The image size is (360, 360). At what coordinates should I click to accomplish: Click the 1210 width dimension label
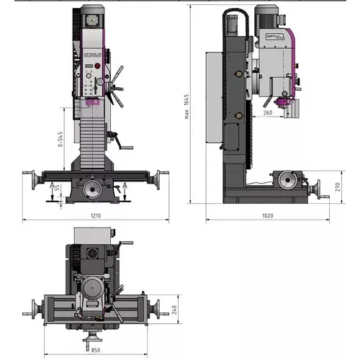click(x=96, y=215)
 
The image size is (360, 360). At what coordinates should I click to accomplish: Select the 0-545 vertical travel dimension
click(x=60, y=141)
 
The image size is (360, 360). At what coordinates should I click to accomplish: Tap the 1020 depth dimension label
click(x=269, y=215)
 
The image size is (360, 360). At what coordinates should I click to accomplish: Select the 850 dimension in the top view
click(x=96, y=351)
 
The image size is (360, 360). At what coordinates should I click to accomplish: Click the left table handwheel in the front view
click(x=30, y=176)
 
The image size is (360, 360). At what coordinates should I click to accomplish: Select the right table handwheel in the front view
click(x=162, y=176)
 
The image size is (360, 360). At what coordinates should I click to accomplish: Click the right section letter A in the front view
click(x=125, y=186)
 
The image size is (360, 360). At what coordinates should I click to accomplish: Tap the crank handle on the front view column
click(x=127, y=149)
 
